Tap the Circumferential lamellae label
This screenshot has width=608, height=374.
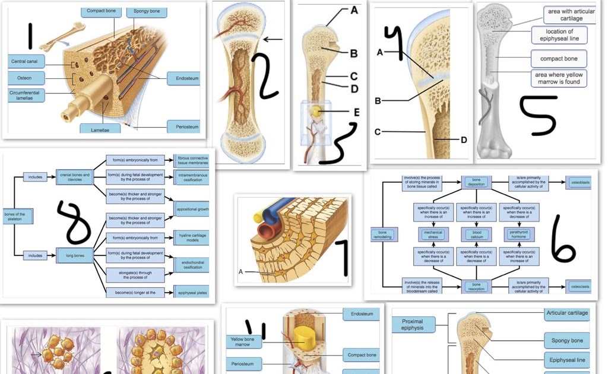(x=24, y=96)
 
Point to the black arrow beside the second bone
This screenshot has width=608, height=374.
(x=273, y=40)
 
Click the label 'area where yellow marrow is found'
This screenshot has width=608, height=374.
(x=558, y=79)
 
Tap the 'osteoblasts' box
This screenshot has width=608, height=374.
(x=579, y=183)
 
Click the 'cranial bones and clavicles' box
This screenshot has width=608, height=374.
(x=75, y=177)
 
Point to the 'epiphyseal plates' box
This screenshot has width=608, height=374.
(x=192, y=293)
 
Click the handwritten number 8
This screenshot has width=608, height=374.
(x=75, y=223)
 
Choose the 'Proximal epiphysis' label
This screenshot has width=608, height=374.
(x=413, y=324)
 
